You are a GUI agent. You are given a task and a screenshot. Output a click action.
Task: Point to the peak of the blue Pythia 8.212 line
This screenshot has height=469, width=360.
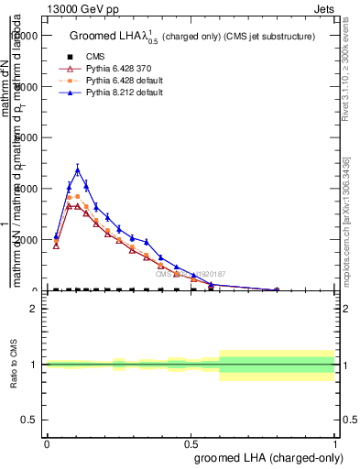pyautogui.click(x=78, y=169)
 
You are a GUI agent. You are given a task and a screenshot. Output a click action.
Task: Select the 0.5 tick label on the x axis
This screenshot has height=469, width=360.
pyautogui.click(x=191, y=442)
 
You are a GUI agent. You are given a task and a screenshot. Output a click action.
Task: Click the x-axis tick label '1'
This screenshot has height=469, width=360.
pyautogui.click(x=335, y=442)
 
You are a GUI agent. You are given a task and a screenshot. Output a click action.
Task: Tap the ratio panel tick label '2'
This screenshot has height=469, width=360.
pyautogui.click(x=34, y=309)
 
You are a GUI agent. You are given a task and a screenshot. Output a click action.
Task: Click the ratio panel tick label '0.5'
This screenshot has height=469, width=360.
pyautogui.click(x=29, y=420)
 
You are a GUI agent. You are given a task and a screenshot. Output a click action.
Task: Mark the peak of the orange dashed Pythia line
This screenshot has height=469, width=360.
pyautogui.click(x=78, y=196)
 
